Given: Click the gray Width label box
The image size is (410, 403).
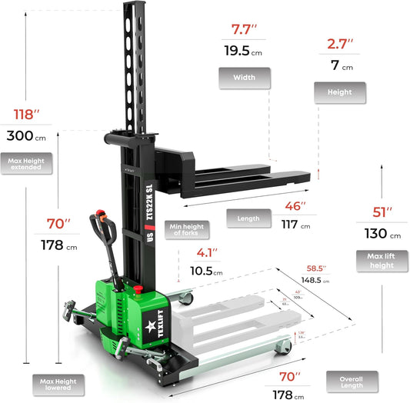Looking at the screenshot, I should (244, 78).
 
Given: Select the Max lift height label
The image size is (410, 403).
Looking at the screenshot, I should (380, 260).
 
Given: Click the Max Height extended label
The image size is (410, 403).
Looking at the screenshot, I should (26, 164).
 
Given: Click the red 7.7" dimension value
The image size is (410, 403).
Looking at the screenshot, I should (245, 31).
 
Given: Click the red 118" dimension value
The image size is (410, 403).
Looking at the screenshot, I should (26, 115).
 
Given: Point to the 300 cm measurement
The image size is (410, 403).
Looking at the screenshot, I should (25, 136).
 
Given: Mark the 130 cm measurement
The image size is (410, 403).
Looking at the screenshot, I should (380, 234).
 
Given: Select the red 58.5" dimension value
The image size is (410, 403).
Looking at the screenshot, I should (314, 268).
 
